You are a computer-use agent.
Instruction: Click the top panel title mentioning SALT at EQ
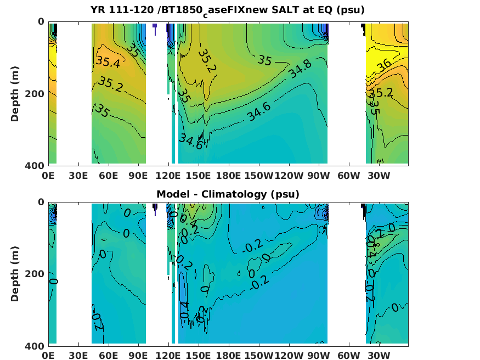[x=228, y=10]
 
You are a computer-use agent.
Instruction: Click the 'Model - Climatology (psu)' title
[x=228, y=194]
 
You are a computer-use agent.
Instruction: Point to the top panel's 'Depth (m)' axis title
[x=16, y=93]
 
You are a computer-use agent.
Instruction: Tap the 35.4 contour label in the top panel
[x=108, y=63]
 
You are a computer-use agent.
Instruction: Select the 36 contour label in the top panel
[x=384, y=64]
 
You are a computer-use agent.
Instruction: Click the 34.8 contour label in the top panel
[x=300, y=69]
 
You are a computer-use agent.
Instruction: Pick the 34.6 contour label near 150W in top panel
[x=258, y=111]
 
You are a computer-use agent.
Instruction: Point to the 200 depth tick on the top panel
[x=36, y=93]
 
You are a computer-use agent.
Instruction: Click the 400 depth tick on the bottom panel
[x=36, y=346]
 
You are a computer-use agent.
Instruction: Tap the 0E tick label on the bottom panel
[x=49, y=356]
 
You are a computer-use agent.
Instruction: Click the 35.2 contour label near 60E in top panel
[x=111, y=83]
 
